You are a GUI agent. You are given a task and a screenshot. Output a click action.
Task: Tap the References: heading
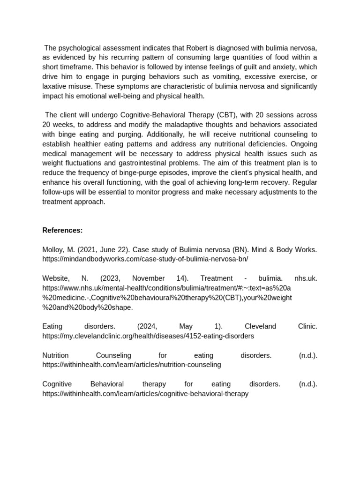point(62,230)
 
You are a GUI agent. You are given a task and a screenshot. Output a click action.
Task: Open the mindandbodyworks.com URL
point(145,259)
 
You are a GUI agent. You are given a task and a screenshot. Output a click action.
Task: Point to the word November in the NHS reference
point(148,278)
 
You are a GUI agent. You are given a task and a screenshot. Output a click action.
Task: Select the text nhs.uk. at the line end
point(306,278)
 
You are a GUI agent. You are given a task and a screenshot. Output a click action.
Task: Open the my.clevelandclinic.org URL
point(148,336)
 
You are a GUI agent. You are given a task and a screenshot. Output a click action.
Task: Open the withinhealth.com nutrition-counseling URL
point(131,365)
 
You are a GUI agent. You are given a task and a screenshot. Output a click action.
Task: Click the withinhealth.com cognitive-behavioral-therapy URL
point(145,394)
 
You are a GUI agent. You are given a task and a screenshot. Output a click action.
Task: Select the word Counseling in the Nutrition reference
point(113,355)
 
